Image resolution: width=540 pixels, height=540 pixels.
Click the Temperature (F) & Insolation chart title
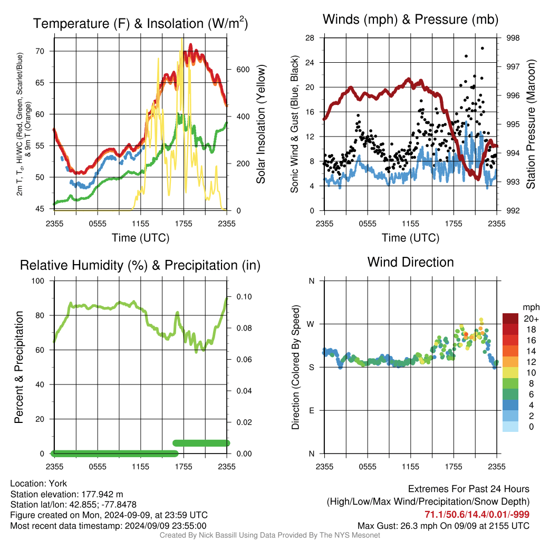pos(140,23)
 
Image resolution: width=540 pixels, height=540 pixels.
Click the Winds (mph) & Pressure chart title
pos(410,20)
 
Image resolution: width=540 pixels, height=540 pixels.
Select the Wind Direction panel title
pos(410,262)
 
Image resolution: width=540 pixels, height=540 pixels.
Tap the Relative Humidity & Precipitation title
pos(140,265)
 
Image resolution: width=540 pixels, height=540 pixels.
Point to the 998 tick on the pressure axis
pos(513,38)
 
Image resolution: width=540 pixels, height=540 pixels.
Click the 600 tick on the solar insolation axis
pos(243,70)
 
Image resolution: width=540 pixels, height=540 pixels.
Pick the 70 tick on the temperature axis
pos(40,51)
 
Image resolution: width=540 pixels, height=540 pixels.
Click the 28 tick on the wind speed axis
pos(310,38)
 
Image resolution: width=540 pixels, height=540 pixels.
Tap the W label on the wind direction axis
pos(311,324)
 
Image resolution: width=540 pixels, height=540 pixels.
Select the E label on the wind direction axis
pos(311,410)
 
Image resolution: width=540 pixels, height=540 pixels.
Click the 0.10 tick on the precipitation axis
pos(244,297)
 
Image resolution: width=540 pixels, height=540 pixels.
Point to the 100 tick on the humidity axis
pos(38,281)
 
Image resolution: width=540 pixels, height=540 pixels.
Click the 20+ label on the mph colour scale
pos(531,319)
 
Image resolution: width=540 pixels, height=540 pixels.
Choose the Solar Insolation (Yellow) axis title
pos(261,124)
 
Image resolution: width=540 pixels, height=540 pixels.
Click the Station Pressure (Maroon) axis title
pos(531,124)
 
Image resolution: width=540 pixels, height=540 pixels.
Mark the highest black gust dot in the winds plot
pos(483,48)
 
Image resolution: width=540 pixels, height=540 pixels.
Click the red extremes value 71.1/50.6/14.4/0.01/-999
pos(477,514)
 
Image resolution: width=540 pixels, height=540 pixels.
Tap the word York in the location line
pos(58,484)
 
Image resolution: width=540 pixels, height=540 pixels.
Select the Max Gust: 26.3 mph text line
pos(443,526)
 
